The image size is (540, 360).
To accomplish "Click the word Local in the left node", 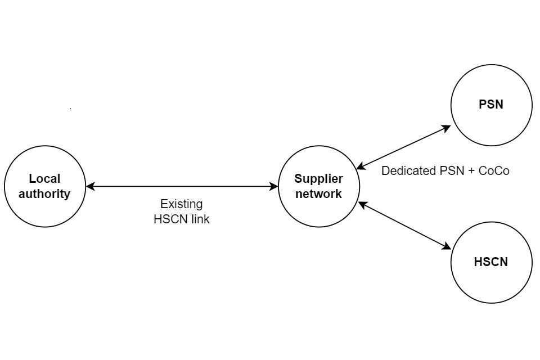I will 44,179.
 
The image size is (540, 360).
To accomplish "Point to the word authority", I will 44,194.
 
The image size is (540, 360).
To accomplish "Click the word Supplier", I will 318,179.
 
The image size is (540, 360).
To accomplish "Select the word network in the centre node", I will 318,194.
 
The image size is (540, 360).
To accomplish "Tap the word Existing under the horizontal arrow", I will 181,204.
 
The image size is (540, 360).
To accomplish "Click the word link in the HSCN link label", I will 199,219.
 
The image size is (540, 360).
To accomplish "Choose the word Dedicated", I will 409,171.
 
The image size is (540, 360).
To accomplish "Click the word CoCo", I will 494,171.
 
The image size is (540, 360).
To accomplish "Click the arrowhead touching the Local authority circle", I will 90,186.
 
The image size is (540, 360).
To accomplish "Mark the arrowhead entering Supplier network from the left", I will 274,186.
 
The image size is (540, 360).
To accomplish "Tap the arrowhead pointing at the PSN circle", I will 447,128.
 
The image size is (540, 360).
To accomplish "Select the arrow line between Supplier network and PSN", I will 403,147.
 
